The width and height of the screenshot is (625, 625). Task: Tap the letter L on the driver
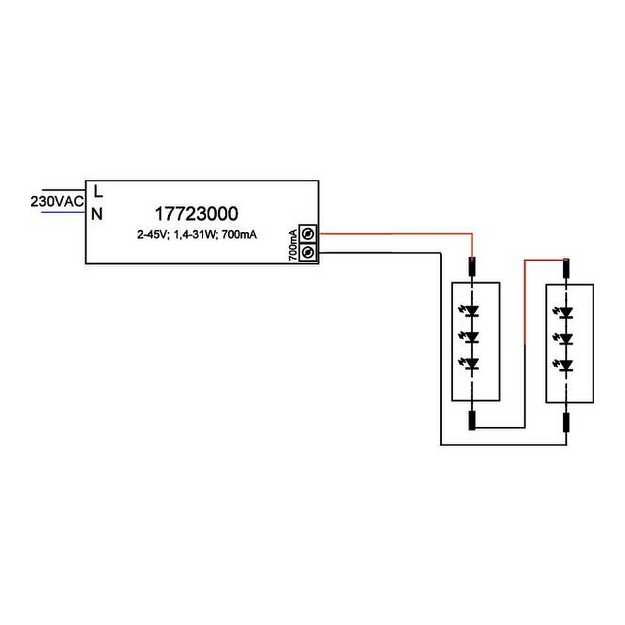pyautogui.click(x=97, y=189)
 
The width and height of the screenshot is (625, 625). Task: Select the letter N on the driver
pyautogui.click(x=97, y=214)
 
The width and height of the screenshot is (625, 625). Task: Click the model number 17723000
pyautogui.click(x=196, y=214)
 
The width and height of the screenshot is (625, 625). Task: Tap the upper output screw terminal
pyautogui.click(x=307, y=234)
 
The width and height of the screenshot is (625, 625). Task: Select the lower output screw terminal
pyautogui.click(x=307, y=252)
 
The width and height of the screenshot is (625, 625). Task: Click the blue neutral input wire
pyautogui.click(x=62, y=212)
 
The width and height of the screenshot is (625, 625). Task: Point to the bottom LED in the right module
pyautogui.click(x=566, y=365)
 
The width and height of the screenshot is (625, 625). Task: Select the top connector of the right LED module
pyautogui.click(x=567, y=269)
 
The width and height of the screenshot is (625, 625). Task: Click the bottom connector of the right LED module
pyautogui.click(x=567, y=422)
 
